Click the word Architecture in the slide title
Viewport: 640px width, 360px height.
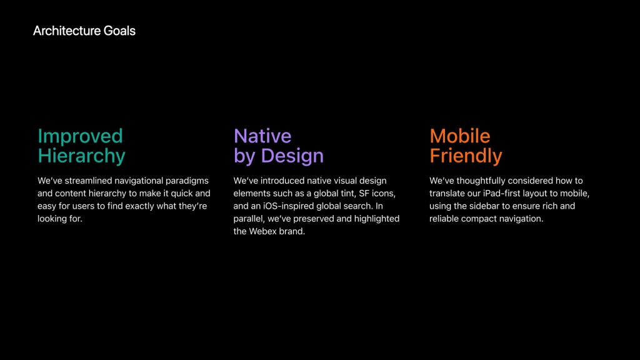pyautogui.click(x=66, y=31)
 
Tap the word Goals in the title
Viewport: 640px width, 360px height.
pyautogui.click(x=119, y=31)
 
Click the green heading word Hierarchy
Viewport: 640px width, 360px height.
pyautogui.click(x=81, y=156)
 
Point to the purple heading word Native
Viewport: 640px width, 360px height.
pyautogui.click(x=262, y=136)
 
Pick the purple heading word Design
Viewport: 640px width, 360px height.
pyautogui.click(x=292, y=156)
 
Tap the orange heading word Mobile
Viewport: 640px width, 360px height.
pyautogui.click(x=459, y=136)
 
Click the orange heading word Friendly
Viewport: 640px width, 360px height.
pyautogui.click(x=466, y=156)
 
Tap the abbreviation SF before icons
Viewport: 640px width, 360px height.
pyautogui.click(x=364, y=193)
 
